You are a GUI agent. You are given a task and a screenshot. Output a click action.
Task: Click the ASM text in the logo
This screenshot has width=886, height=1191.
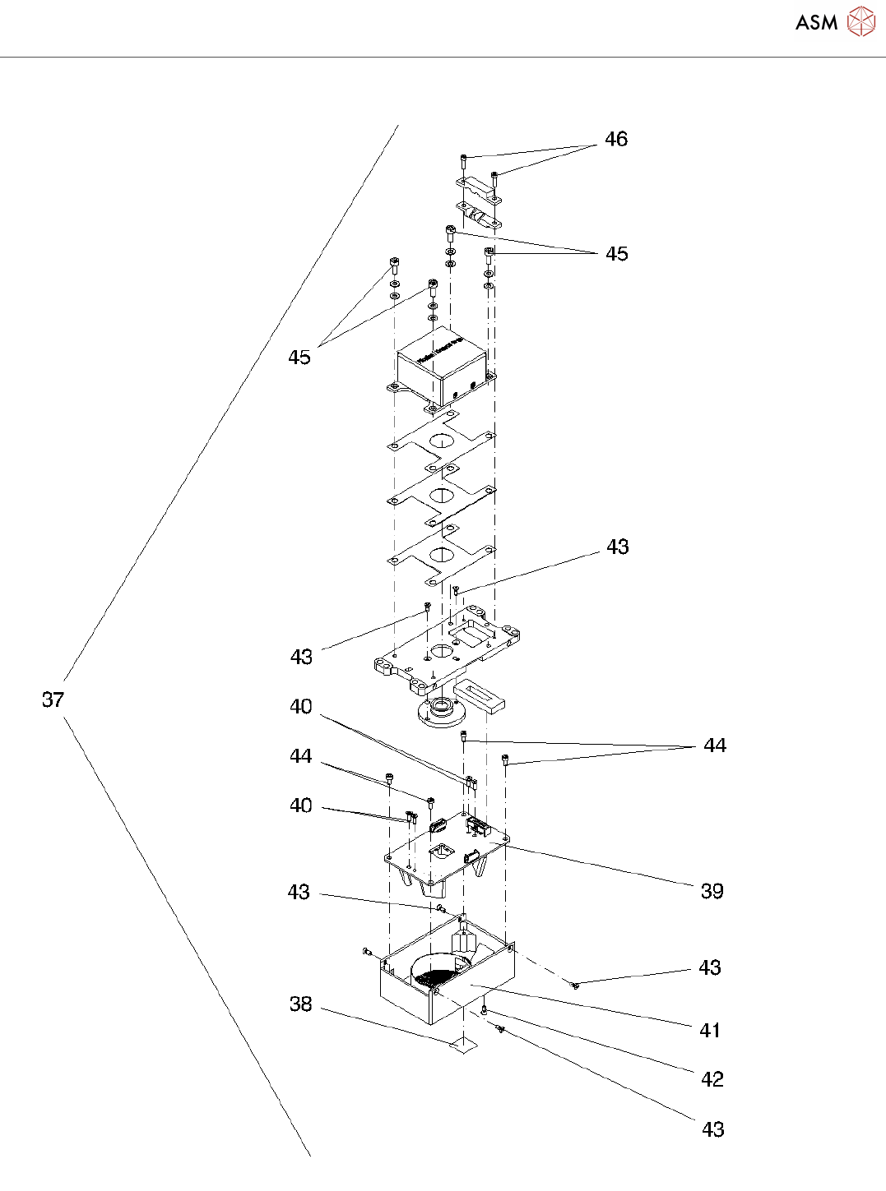coord(816,23)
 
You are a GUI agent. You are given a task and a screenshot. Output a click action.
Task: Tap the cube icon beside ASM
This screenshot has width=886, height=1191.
coord(861,21)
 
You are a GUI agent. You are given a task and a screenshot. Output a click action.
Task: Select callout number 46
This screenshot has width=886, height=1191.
coord(616,140)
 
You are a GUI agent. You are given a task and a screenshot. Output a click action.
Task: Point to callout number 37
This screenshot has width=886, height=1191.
coord(53,699)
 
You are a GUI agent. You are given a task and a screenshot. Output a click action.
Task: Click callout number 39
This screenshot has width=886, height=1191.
coord(712,891)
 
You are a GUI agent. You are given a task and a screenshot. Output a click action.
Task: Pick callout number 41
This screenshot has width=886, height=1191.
coord(710,1030)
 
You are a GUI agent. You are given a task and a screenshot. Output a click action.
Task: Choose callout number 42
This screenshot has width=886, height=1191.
coord(712,1079)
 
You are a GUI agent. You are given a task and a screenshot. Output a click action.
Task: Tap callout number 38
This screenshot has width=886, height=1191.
coord(300,1004)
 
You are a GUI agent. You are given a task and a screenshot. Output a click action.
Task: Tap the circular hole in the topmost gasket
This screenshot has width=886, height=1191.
coord(441,440)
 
